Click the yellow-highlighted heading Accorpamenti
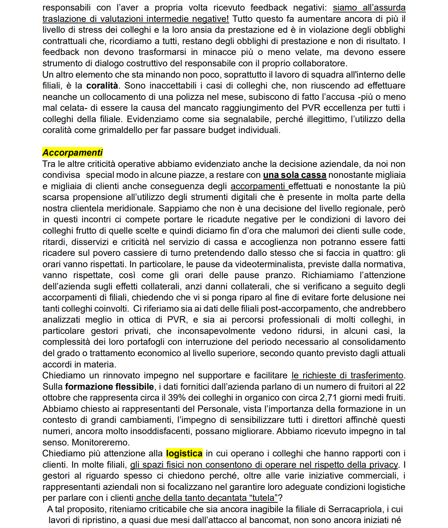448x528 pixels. click(72, 153)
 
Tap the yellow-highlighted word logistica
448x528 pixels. click(184, 453)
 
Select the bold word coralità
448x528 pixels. click(102, 86)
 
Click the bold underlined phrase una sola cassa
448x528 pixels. click(294, 175)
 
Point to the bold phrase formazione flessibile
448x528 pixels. click(110, 387)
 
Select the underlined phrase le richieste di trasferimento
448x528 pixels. click(347, 375)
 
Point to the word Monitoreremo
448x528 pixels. click(101, 442)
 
